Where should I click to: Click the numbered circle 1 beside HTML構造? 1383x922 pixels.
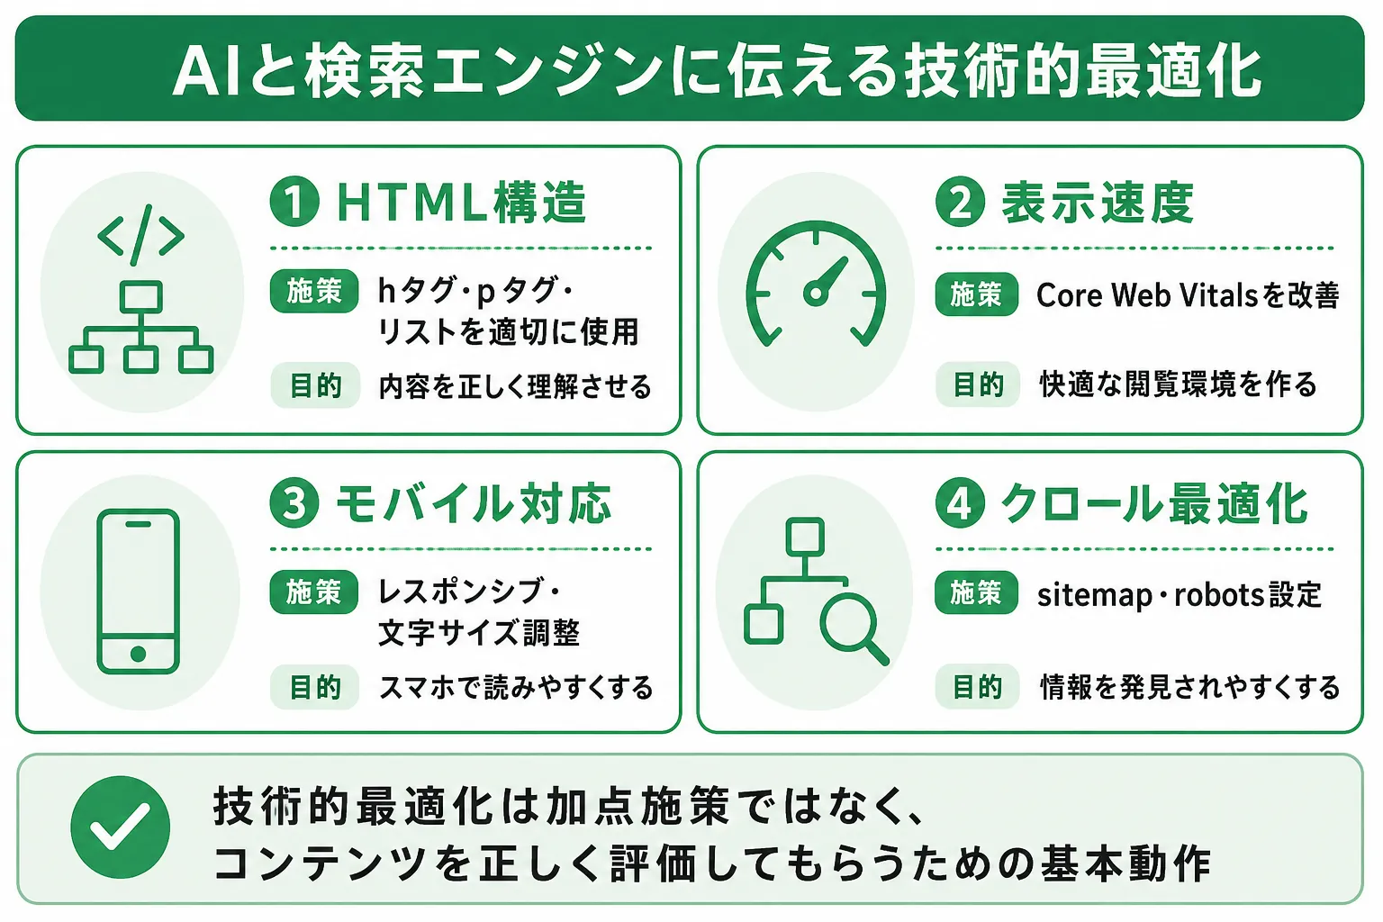294,202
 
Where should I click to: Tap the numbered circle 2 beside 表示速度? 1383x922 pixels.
960,202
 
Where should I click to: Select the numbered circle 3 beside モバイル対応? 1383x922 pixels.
294,502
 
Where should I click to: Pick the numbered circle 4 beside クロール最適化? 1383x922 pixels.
960,502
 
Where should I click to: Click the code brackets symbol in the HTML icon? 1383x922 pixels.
140,235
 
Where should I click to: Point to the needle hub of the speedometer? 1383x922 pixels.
816,293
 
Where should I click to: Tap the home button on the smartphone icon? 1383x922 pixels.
139,654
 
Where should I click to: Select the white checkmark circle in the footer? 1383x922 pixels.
121,827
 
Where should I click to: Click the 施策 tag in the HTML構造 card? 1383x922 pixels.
314,291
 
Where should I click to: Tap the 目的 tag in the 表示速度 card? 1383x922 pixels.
977,384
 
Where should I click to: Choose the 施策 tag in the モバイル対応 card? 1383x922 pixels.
313,592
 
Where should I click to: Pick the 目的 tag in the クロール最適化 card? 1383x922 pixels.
977,686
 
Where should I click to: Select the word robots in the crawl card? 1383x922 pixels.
1212,595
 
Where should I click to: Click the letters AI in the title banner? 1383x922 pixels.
205,72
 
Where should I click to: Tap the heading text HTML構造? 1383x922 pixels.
461,202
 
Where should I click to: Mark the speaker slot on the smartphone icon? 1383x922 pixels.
139,524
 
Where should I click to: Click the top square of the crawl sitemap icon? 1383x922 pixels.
805,538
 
